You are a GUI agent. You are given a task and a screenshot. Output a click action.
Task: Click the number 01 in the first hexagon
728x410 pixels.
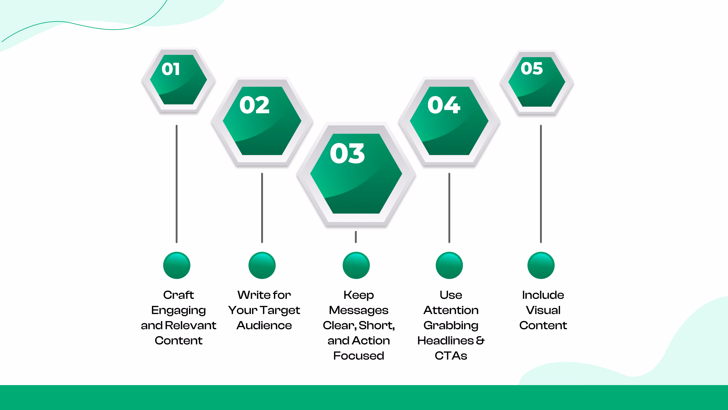pos(171,69)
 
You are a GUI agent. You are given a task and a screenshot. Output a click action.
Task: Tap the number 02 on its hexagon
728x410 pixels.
pos(254,105)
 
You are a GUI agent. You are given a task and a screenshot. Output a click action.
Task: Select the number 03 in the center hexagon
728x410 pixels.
pos(347,153)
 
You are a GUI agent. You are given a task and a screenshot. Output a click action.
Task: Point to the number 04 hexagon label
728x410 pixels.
pos(443,105)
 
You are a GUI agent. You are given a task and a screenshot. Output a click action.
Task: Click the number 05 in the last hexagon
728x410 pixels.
pos(531,68)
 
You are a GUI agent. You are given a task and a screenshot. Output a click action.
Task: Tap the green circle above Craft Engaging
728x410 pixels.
pos(177,265)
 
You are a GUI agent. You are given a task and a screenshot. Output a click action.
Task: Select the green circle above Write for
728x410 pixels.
pos(262,265)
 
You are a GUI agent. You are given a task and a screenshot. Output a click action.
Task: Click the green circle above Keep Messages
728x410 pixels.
pos(356,265)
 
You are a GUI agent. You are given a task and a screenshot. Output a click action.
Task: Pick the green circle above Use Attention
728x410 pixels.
pos(449,265)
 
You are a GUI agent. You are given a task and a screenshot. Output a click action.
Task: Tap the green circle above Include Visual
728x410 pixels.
pos(541,265)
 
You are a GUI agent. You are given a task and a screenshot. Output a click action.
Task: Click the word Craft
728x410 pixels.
pos(178,295)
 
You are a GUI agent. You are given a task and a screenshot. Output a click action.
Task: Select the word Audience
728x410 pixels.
pos(264,325)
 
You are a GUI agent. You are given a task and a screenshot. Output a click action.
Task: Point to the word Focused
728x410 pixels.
pos(359,356)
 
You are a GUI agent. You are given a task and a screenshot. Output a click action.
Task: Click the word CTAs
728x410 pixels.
pos(451,356)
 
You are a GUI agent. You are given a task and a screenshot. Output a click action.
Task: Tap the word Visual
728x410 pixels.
pos(543,310)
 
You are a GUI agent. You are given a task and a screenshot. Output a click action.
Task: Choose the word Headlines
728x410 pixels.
pos(445,340)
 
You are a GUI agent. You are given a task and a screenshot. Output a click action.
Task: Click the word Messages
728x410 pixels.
pos(359,310)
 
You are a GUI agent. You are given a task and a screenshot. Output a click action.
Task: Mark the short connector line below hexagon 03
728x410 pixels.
pos(356,237)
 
